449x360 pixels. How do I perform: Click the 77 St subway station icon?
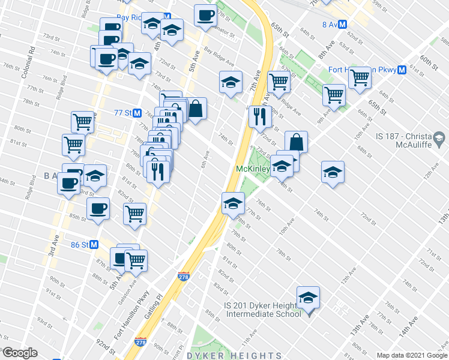(x=137, y=113)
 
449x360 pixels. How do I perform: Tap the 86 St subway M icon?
(x=94, y=245)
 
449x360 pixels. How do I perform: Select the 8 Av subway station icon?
(x=342, y=25)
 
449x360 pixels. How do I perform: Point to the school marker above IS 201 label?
(x=308, y=298)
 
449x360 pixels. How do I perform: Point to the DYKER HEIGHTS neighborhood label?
(x=234, y=356)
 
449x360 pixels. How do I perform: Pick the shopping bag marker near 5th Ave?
(x=196, y=109)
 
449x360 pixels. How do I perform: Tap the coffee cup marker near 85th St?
(x=98, y=209)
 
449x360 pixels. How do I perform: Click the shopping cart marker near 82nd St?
(x=134, y=213)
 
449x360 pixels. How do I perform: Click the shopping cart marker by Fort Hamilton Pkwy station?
(x=360, y=77)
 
